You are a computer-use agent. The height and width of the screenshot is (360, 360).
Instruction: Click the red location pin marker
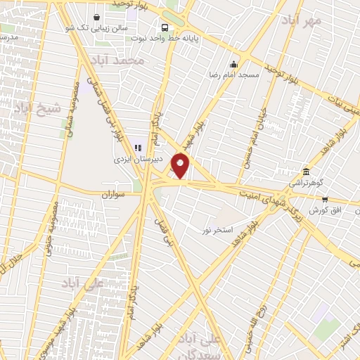click(x=181, y=167)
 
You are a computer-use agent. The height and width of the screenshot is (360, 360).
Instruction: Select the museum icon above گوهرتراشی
click(x=305, y=172)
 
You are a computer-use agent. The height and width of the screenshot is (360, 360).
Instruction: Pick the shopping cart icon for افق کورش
click(x=324, y=200)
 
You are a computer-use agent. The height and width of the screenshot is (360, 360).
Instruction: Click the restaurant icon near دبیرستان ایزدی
click(x=138, y=148)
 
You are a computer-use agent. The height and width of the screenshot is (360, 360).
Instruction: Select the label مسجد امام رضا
click(x=236, y=73)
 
